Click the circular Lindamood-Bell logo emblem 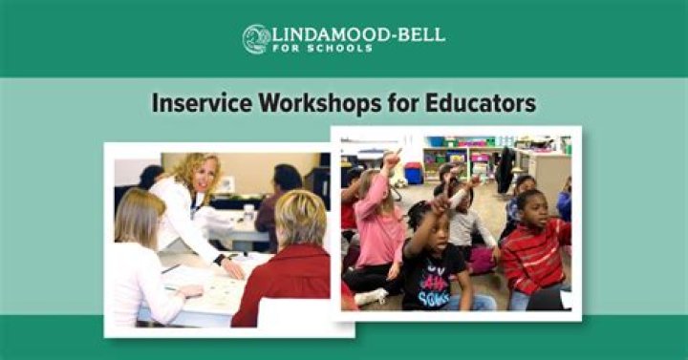(255, 39)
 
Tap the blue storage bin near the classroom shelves (414, 174)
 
